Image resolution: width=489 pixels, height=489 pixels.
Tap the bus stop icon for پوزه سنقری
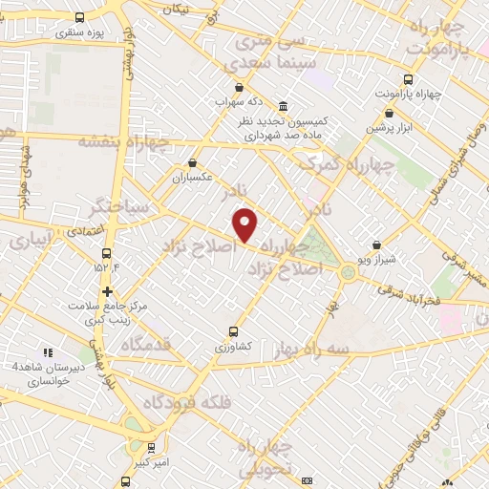pyautogui.click(x=78, y=18)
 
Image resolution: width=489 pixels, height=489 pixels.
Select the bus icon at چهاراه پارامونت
pyautogui.click(x=409, y=79)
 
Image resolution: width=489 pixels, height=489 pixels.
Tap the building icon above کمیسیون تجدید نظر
pyautogui.click(x=284, y=106)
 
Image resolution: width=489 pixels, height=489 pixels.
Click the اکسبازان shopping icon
pyautogui.click(x=193, y=162)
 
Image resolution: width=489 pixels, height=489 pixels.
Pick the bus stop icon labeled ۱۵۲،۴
pyautogui.click(x=106, y=254)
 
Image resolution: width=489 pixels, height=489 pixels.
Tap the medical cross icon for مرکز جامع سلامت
pyautogui.click(x=107, y=291)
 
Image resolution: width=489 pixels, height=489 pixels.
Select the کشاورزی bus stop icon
pyautogui.click(x=233, y=332)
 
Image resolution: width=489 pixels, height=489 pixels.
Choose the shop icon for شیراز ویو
pyautogui.click(x=376, y=245)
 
